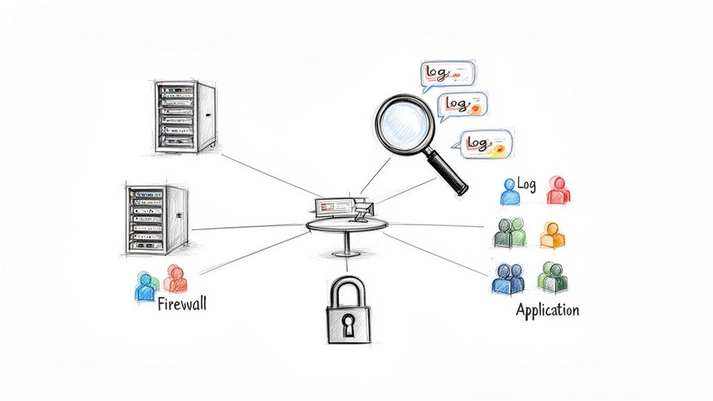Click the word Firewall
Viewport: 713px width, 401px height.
(182, 304)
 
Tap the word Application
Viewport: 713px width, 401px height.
(547, 310)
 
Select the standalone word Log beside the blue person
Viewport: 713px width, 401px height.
(527, 184)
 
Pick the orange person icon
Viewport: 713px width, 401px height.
(552, 236)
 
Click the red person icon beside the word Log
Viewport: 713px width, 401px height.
(557, 190)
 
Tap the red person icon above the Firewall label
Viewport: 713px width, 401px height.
(175, 278)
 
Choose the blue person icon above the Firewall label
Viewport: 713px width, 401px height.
(146, 285)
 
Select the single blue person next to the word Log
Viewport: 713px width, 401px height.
(510, 191)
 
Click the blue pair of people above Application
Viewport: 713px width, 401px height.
(508, 278)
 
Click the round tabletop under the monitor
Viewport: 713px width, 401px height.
(346, 224)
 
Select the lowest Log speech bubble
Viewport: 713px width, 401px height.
(482, 143)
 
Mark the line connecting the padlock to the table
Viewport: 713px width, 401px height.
(346, 266)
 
